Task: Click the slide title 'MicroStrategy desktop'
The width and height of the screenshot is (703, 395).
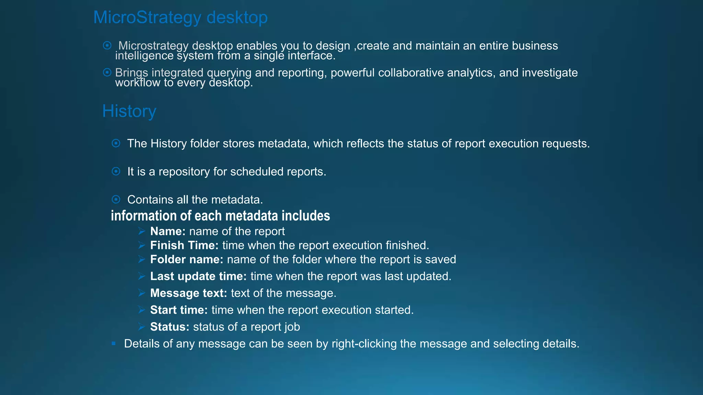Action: click(x=180, y=17)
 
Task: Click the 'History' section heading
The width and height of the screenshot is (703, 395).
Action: click(x=129, y=111)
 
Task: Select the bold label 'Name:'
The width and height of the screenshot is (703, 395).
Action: click(x=168, y=231)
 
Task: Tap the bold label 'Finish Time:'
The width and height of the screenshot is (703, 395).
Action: click(x=184, y=246)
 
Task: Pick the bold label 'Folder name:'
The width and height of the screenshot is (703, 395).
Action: click(x=187, y=260)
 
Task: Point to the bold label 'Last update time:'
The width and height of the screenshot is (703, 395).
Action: click(x=198, y=276)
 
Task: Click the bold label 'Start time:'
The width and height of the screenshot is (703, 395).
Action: click(x=179, y=310)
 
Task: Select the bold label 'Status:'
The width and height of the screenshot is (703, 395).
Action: click(x=170, y=327)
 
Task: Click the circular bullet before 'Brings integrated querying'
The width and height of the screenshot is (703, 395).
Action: click(x=107, y=72)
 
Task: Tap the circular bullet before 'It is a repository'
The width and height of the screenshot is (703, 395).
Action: click(x=116, y=171)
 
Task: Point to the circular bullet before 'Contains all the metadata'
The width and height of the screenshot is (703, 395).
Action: click(x=116, y=199)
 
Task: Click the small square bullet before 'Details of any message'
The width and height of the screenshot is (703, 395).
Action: click(x=114, y=343)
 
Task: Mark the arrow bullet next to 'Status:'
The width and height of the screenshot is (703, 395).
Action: click(x=142, y=327)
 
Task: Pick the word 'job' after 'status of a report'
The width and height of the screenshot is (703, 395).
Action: click(x=292, y=327)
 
